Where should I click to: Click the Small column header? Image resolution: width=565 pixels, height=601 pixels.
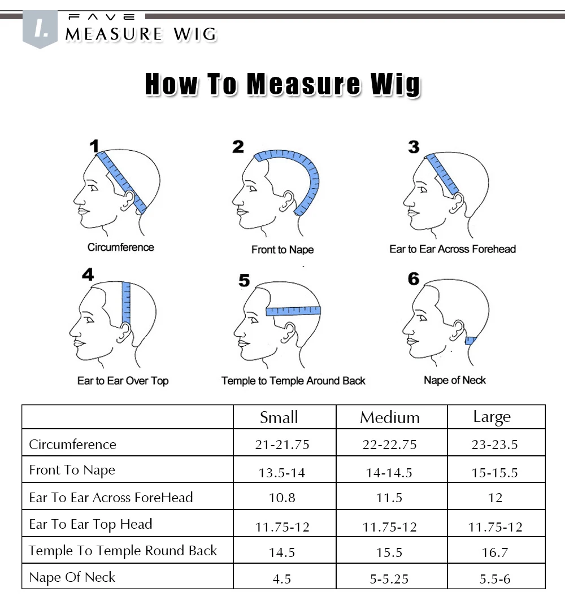click(279, 417)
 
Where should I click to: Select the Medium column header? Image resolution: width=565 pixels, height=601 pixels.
click(390, 417)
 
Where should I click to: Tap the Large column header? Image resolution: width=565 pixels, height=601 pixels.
click(492, 417)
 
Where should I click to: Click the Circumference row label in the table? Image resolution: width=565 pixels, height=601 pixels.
click(72, 444)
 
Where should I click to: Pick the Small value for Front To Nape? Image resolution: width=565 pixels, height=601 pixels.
click(282, 473)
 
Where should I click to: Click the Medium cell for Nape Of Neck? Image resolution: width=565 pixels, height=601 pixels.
click(389, 579)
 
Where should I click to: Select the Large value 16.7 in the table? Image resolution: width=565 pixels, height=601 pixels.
click(495, 552)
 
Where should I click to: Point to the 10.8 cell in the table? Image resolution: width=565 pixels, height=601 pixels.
click(282, 498)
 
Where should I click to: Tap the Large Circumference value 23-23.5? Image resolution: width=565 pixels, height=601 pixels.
click(495, 445)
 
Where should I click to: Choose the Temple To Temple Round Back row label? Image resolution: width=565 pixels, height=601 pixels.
click(123, 551)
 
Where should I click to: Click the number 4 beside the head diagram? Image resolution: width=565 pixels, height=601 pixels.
click(88, 275)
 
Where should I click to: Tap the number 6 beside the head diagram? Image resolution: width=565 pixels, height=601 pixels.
click(414, 278)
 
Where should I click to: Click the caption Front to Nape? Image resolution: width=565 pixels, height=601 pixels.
click(282, 250)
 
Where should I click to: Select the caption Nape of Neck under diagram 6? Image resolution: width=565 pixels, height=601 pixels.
click(455, 380)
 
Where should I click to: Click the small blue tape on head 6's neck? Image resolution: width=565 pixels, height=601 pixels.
click(470, 341)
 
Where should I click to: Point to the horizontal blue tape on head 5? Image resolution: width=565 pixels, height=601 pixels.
click(293, 311)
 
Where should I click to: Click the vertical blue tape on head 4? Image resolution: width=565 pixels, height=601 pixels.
click(126, 303)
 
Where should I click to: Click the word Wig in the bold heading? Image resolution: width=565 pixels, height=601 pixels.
click(395, 84)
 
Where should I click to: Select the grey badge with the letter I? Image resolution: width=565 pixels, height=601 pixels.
click(40, 29)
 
